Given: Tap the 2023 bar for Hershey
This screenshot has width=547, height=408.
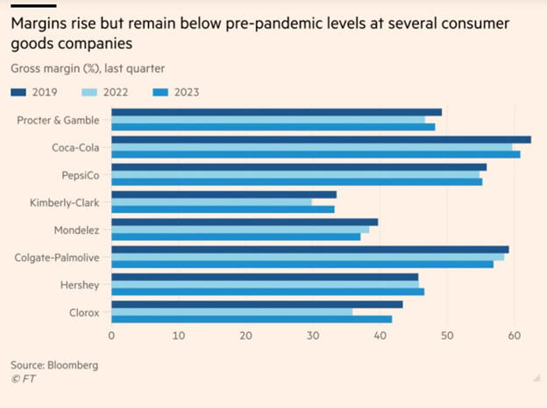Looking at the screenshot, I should pos(267,291).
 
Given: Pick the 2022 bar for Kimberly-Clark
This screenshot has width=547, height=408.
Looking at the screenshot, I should pos(211,201).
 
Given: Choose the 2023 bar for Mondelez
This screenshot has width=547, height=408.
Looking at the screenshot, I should pos(236,236).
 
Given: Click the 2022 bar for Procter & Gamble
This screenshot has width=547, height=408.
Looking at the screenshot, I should pos(268,119).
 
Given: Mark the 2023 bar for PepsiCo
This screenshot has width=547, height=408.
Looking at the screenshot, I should pos(297,181).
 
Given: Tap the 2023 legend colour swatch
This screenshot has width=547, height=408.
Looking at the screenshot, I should pos(159,91).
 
